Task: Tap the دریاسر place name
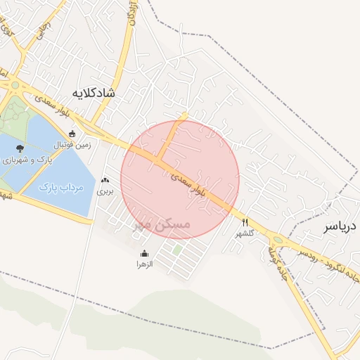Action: [341, 227]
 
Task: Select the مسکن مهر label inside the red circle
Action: [161, 224]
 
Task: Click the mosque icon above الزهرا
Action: [145, 254]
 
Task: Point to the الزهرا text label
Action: [145, 264]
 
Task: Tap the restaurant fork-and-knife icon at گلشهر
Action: [245, 222]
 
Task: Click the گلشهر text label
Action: [244, 233]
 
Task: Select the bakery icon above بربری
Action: [105, 181]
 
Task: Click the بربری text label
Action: [105, 191]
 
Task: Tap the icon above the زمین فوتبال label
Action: [72, 134]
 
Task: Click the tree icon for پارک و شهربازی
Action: [19, 148]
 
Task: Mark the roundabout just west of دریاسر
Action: [278, 240]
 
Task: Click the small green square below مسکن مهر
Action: [177, 250]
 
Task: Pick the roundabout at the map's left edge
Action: [15, 85]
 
